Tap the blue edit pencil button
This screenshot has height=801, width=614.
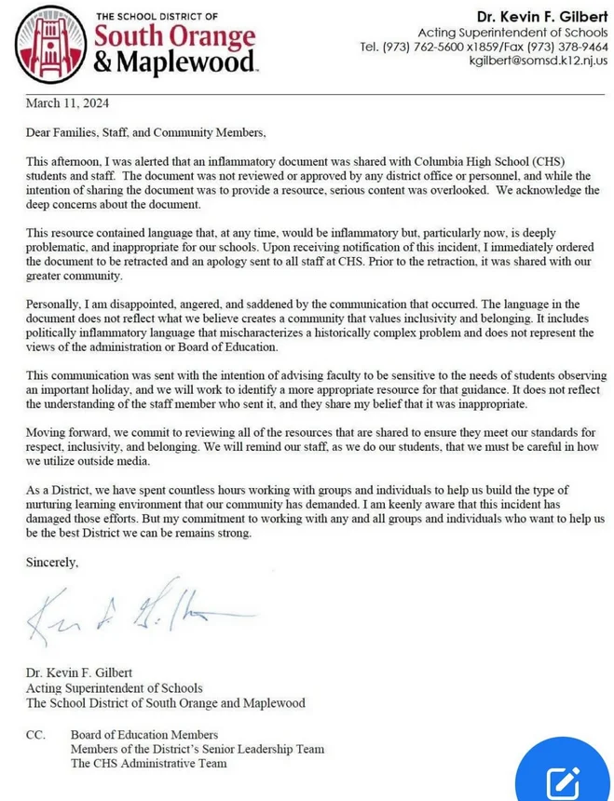pyautogui.click(x=564, y=781)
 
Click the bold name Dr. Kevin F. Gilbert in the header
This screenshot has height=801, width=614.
pyautogui.click(x=542, y=17)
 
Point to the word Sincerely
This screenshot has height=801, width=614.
pyautogui.click(x=52, y=563)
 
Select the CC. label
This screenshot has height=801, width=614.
pyautogui.click(x=35, y=735)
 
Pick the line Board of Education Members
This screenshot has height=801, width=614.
pyautogui.click(x=144, y=735)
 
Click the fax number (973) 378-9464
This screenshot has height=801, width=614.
pyautogui.click(x=566, y=46)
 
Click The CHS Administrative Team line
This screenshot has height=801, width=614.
pyautogui.click(x=148, y=763)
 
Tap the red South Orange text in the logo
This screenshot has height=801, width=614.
pyautogui.click(x=174, y=37)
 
